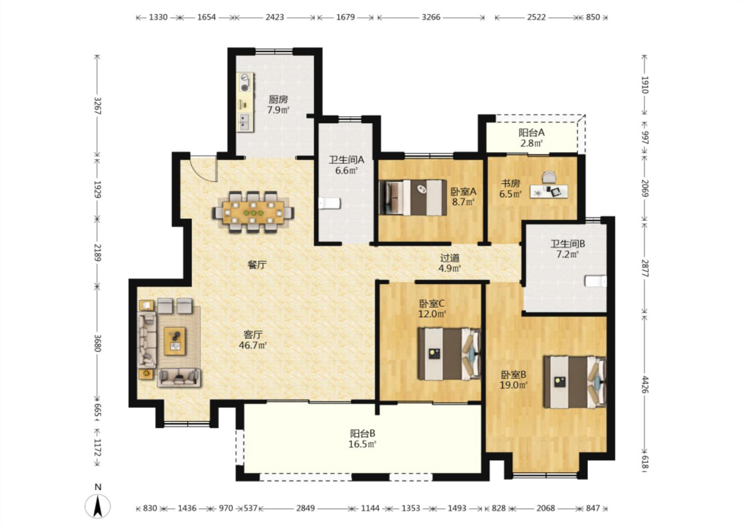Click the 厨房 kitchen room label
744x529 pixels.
click(278, 99)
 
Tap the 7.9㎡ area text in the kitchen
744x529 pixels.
click(278, 110)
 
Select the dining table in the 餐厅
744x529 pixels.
click(253, 212)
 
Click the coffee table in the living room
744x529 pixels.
click(175, 341)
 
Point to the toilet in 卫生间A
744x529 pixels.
click(330, 203)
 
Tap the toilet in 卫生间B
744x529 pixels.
click(596, 281)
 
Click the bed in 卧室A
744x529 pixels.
click(413, 198)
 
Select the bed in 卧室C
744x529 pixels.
click(450, 354)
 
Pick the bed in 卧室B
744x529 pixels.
click(575, 382)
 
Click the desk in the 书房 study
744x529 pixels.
click(549, 191)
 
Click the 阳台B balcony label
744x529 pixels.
click(362, 433)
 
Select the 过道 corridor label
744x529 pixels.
click(450, 258)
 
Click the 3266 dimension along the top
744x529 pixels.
click(431, 17)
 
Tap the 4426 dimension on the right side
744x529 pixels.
click(645, 384)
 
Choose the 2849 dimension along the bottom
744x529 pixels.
click(305, 508)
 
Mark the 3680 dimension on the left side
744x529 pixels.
click(97, 343)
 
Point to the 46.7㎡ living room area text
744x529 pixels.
click(253, 346)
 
